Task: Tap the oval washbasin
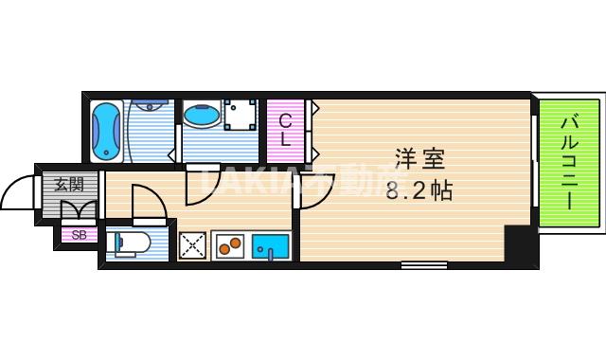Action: (x=202, y=117)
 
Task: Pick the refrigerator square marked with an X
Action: (x=193, y=246)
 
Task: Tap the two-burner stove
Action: (x=230, y=246)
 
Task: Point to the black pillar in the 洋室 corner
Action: (x=517, y=244)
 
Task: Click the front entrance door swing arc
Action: (x=17, y=193)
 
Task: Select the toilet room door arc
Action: (x=147, y=201)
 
